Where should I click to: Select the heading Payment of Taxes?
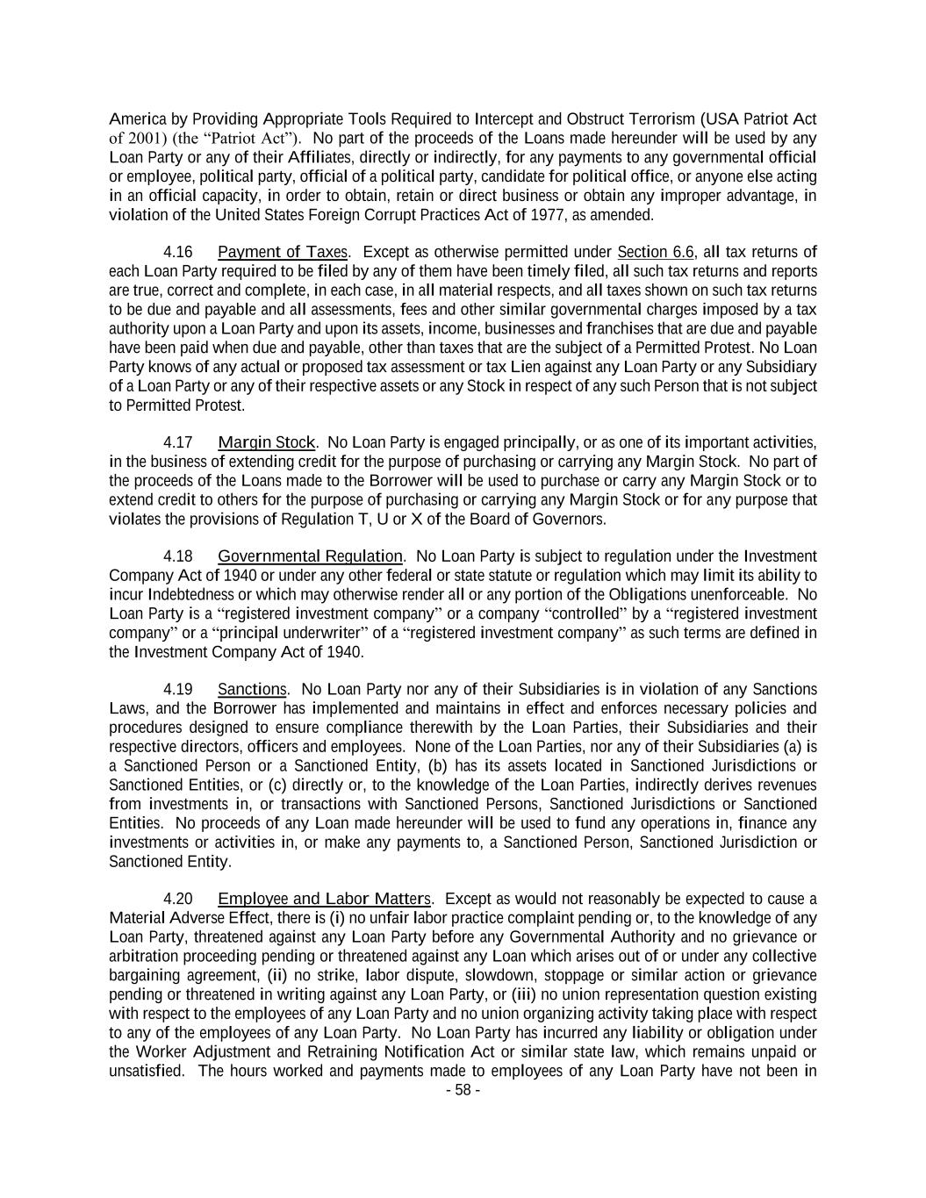pyautogui.click(x=283, y=253)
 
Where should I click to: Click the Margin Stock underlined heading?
pyautogui.click(x=266, y=442)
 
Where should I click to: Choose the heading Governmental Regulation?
pyautogui.click(x=310, y=556)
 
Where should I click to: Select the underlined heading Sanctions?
pyautogui.click(x=252, y=690)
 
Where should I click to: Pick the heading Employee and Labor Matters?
pyautogui.click(x=324, y=899)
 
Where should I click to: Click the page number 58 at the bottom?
pyautogui.click(x=463, y=1091)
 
